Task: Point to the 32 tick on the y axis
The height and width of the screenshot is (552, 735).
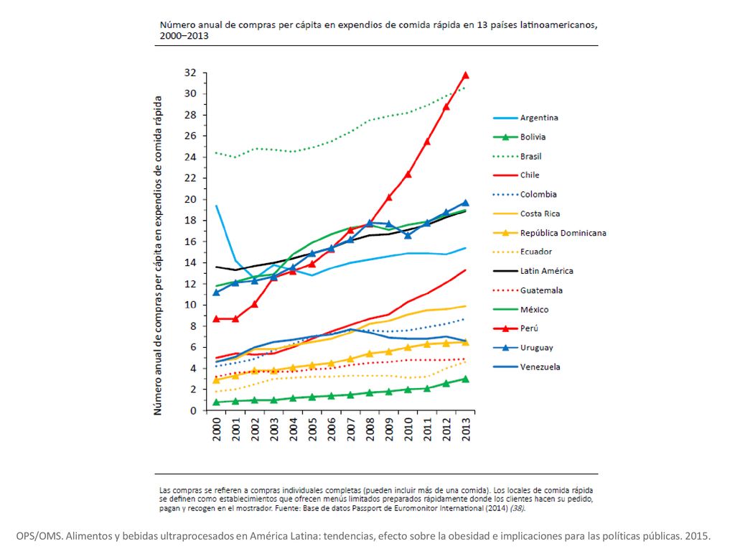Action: tap(189, 73)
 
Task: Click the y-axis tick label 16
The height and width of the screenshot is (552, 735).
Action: tap(189, 241)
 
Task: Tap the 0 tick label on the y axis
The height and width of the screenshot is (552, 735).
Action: tap(193, 410)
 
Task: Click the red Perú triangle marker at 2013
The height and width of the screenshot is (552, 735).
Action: tap(465, 75)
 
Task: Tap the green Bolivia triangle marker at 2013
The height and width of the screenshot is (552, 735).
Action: tap(465, 379)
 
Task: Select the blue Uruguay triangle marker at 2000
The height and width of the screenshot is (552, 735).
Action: tap(216, 293)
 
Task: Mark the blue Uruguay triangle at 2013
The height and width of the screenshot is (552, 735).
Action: tap(465, 203)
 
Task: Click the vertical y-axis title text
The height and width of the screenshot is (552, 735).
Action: tap(158, 256)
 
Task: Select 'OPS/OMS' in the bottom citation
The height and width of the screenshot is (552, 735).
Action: tap(39, 536)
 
